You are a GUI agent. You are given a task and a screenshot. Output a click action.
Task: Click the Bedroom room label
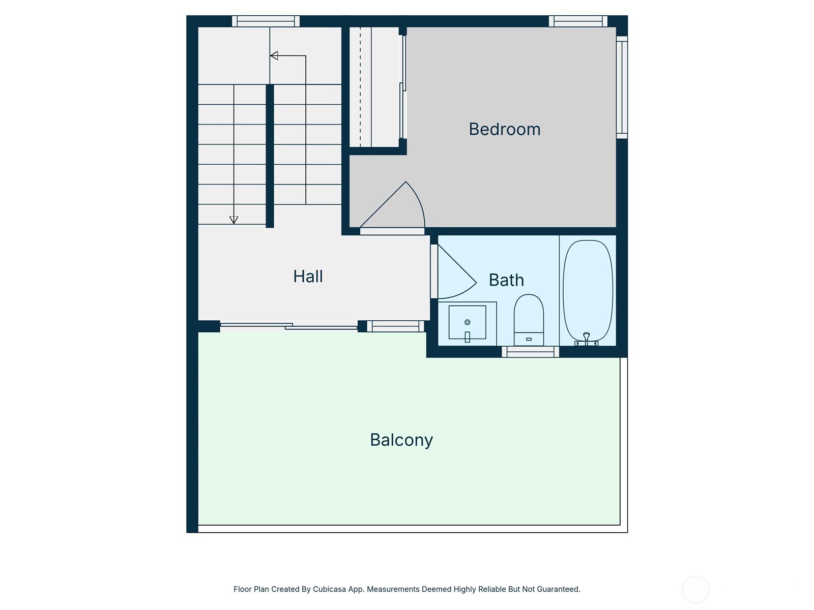click(x=504, y=129)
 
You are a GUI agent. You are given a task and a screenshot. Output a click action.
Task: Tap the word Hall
click(x=308, y=277)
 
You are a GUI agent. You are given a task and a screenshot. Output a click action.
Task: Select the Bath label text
click(x=506, y=280)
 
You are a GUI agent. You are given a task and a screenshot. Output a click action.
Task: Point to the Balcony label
click(x=401, y=440)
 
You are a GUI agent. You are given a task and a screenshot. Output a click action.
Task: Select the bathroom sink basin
click(x=467, y=323)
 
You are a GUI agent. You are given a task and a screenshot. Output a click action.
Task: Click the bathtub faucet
click(x=586, y=338)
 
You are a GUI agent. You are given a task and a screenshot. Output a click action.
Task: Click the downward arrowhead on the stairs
click(x=234, y=220)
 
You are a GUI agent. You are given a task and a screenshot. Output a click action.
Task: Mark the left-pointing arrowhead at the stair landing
click(x=274, y=55)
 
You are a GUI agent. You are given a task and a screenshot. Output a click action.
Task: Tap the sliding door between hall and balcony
click(x=288, y=326)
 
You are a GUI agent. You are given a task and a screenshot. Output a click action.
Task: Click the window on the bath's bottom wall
click(x=530, y=351)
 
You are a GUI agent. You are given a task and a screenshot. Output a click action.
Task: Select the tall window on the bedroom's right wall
click(x=622, y=87)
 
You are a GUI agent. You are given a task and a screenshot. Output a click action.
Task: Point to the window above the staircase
click(x=266, y=21)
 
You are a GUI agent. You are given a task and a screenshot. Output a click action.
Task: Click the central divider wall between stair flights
click(x=270, y=156)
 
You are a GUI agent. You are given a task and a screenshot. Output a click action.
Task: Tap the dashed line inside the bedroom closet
click(x=360, y=86)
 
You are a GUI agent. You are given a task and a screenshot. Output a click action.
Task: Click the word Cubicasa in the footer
click(x=330, y=589)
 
